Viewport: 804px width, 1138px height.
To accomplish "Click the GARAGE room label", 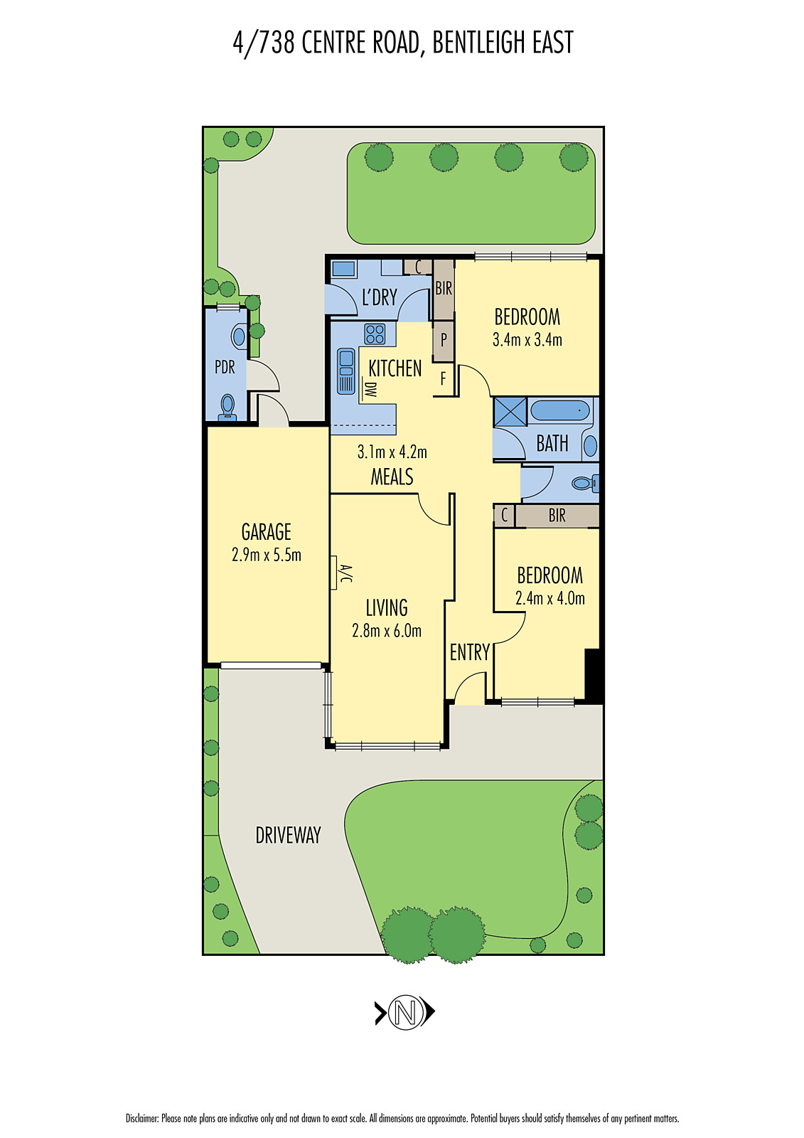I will click(x=267, y=532).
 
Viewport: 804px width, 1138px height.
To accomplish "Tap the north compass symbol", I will click(x=404, y=1011).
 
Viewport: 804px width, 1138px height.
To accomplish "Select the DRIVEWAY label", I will click(x=288, y=835).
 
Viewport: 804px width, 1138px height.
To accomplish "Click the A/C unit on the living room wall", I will click(x=335, y=573).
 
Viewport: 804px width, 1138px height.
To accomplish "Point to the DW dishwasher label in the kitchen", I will click(x=370, y=390).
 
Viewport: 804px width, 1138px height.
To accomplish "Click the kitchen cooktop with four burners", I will click(x=375, y=334).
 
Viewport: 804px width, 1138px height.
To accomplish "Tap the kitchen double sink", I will click(x=346, y=371).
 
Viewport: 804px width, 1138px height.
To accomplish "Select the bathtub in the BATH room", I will click(x=560, y=410).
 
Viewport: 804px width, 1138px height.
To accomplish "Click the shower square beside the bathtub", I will click(x=510, y=412).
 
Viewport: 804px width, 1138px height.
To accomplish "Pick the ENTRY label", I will click(x=469, y=652).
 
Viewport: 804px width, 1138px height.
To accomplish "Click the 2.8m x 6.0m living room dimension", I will click(x=387, y=631).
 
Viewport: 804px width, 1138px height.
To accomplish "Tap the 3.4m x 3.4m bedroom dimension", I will click(x=527, y=340).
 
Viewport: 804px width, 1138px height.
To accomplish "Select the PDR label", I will click(x=225, y=367).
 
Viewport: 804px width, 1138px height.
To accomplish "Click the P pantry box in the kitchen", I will click(x=444, y=340).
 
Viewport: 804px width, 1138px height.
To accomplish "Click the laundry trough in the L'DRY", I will click(x=343, y=269).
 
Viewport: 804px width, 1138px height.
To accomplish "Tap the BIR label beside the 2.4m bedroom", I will click(x=557, y=516).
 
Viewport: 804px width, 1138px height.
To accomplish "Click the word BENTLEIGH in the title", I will click(x=478, y=43).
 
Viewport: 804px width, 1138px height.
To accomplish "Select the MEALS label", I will click(x=392, y=477).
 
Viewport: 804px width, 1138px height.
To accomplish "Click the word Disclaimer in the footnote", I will click(x=142, y=1118).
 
